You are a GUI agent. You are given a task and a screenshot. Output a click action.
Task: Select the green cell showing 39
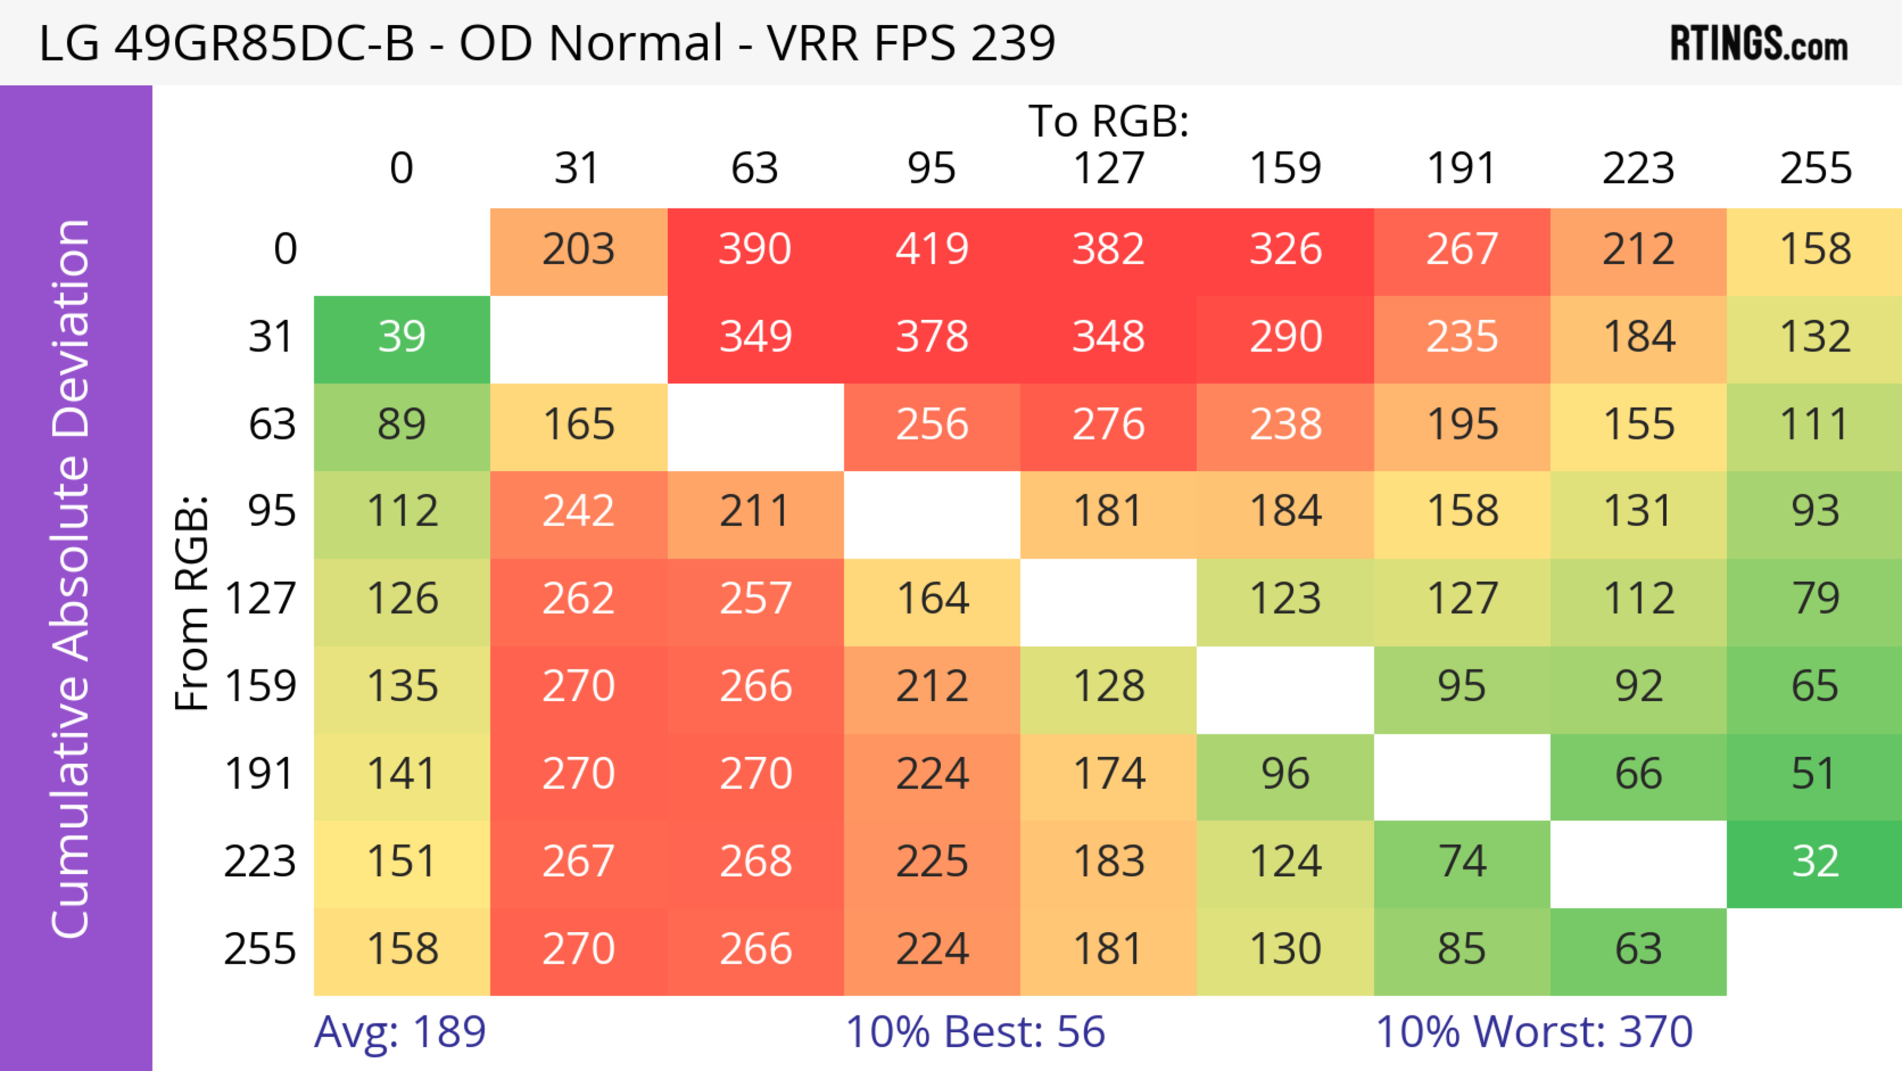[x=402, y=338]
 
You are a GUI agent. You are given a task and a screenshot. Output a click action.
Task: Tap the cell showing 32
[x=1815, y=862]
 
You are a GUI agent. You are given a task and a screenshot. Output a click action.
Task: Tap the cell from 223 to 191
[x=1461, y=862]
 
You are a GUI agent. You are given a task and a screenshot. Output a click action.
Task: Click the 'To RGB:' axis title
[x=1109, y=121]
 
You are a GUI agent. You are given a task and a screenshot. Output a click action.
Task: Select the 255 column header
[x=1815, y=169]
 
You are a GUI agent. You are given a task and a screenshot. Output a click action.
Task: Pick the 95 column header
[x=932, y=169]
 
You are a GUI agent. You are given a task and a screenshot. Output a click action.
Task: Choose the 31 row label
[x=272, y=338]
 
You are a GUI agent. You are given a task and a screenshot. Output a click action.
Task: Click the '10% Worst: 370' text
[x=1534, y=1032]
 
